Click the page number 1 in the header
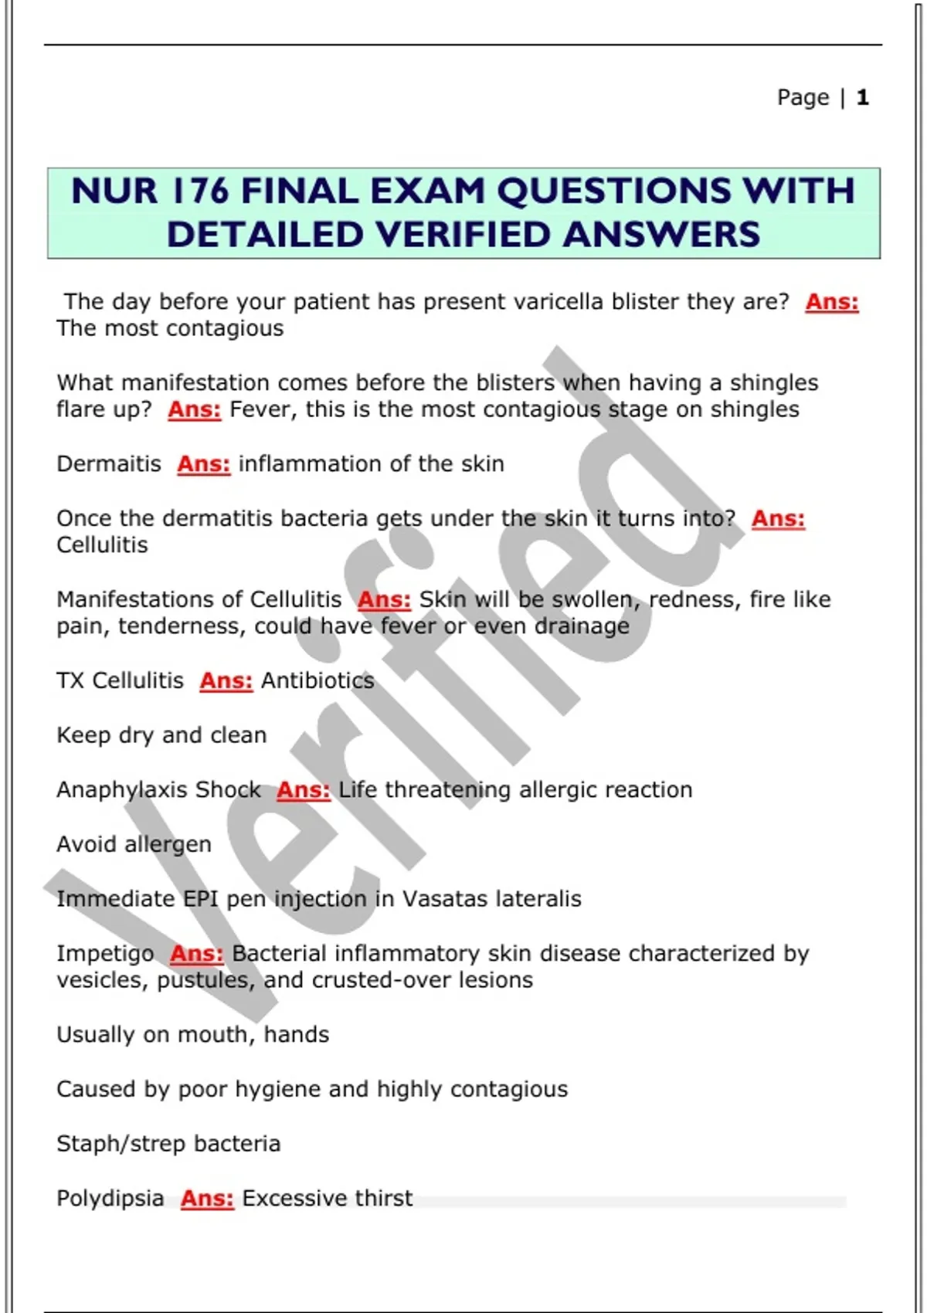coord(863,97)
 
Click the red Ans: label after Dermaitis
coord(204,464)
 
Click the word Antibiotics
coord(317,680)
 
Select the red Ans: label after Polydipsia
coord(207,1199)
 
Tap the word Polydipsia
coord(110,1199)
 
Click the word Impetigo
coord(105,954)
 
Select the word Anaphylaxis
coord(122,790)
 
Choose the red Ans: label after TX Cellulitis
coord(226,680)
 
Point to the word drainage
coord(582,626)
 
